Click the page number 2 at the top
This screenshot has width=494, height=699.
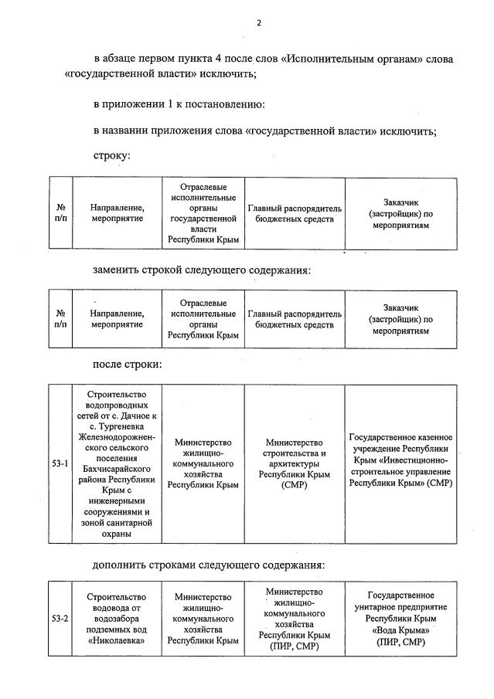259,23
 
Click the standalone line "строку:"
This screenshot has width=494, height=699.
111,155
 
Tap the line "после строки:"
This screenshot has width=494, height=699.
128,364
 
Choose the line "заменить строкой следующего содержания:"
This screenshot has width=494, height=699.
202,270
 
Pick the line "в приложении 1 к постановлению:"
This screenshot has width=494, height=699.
179,104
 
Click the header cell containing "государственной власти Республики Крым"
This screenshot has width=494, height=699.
203,213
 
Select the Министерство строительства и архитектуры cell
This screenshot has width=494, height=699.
295,463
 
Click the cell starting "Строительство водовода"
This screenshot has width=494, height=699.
117,618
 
